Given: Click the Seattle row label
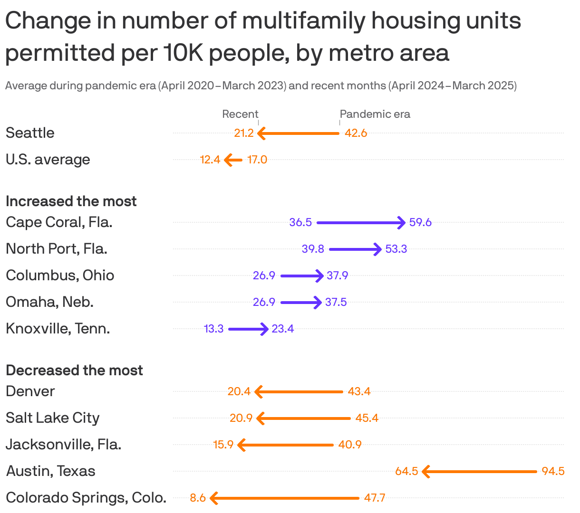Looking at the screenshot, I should coord(30,133).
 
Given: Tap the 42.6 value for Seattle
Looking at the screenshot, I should coord(356,133).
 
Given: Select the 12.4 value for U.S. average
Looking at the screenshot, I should coord(210,160).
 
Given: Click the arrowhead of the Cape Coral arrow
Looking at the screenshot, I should coord(402,222).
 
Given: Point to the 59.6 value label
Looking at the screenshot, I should coord(420,222).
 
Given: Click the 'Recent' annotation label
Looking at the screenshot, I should coord(240,114).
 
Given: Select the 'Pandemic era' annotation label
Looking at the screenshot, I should coord(375,114).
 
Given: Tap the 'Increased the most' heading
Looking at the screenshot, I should coord(71,201).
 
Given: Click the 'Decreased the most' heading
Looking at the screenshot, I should coord(74,370).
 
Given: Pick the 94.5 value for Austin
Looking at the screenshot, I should coord(553,471).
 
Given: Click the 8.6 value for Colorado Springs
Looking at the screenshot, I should coord(198,498).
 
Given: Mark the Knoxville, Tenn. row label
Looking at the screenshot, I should coord(58,329).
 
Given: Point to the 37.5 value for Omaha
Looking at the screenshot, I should coord(336,302).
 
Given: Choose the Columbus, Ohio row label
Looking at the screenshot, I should coord(60,275).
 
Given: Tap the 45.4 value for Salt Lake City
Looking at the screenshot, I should coord(367,418).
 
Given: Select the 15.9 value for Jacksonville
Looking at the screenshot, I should coord(223,445).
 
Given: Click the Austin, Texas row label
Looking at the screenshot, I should coord(50,471).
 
